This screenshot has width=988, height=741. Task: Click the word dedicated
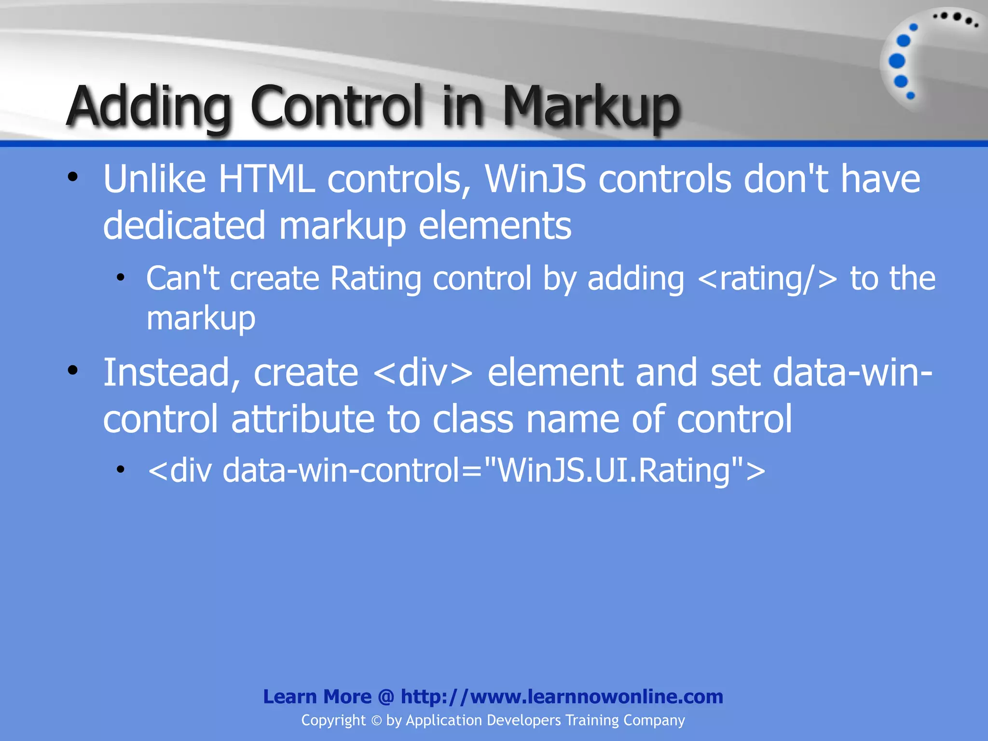pyautogui.click(x=184, y=226)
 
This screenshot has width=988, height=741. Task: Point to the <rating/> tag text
pyautogui.click(x=768, y=279)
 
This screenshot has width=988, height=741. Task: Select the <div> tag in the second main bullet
pyautogui.click(x=423, y=373)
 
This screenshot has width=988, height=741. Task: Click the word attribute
pyautogui.click(x=302, y=419)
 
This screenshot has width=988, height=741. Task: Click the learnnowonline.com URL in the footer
pyautogui.click(x=562, y=697)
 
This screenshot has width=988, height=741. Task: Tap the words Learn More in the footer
pyautogui.click(x=317, y=697)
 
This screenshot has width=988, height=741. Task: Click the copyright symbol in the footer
pyautogui.click(x=376, y=721)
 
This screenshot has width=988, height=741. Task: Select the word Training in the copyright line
pyautogui.click(x=592, y=720)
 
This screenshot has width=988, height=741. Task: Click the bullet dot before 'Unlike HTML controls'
pyautogui.click(x=72, y=177)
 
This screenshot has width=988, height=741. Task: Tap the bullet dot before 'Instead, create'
pyautogui.click(x=72, y=370)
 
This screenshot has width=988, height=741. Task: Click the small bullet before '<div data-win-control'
pyautogui.click(x=121, y=469)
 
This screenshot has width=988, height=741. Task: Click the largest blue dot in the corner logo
pyautogui.click(x=897, y=61)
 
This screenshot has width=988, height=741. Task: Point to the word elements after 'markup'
pyautogui.click(x=494, y=226)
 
